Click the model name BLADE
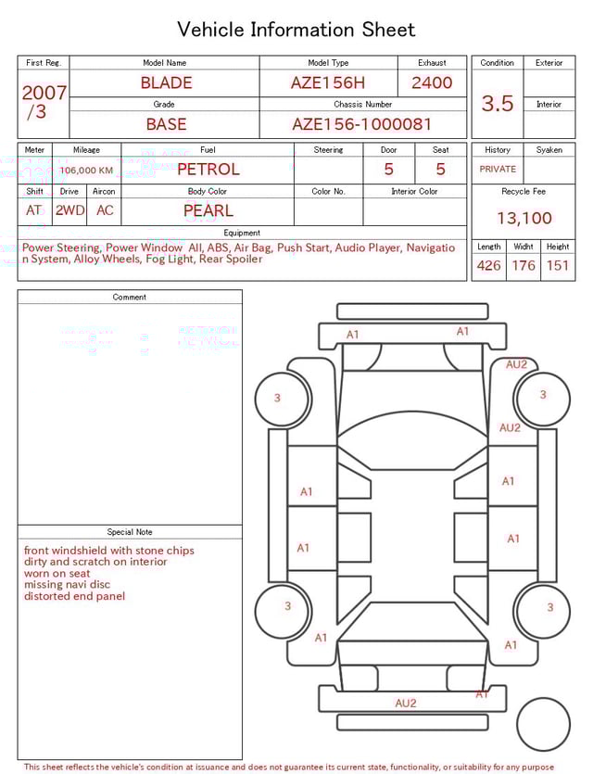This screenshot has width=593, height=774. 166,82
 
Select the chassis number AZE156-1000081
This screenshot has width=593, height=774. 362,123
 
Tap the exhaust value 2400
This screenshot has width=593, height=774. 432,82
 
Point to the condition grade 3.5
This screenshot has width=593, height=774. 497,104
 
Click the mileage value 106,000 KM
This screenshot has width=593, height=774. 86,171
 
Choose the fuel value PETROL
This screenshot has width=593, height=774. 208,170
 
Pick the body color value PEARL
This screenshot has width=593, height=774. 208,210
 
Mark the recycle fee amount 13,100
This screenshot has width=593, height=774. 524,218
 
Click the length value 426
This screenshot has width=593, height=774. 488,266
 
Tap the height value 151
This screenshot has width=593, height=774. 557,266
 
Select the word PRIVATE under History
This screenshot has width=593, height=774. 498,170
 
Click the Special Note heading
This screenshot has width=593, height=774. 130,532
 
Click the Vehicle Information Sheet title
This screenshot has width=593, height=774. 296,30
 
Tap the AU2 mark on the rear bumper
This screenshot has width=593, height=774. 405,704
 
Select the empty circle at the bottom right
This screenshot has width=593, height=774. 543,725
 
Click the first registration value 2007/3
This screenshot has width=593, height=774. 44,102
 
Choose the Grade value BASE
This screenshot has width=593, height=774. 166,123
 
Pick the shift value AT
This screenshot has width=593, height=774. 34,210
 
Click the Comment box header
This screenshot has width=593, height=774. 130,297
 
